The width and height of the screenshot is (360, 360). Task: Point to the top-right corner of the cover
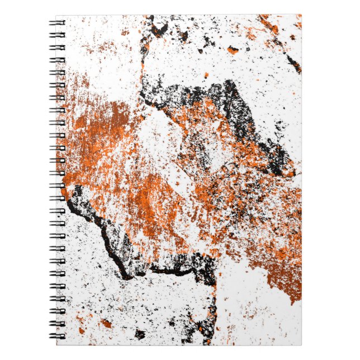[301, 15]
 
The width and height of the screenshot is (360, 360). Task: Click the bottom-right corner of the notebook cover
[301, 344]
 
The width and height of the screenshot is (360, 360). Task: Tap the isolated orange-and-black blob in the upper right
[233, 50]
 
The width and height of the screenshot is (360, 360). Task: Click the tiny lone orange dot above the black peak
[206, 75]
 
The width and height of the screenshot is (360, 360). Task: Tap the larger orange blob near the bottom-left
[105, 323]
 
